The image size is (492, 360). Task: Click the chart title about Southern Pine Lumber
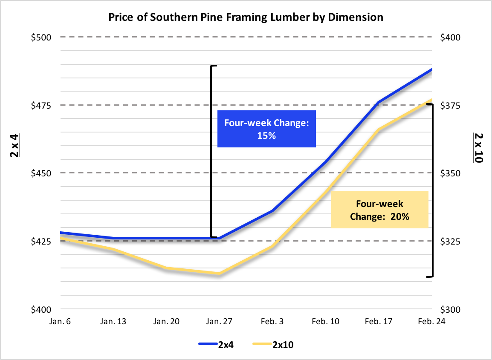(x=246, y=17)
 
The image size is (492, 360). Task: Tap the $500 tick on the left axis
(x=41, y=37)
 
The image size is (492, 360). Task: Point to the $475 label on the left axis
(x=41, y=105)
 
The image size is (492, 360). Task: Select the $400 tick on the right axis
(x=450, y=37)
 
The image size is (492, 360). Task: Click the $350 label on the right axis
(x=450, y=173)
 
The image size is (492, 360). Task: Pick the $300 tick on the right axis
(x=450, y=310)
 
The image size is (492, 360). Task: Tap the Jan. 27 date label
(x=219, y=322)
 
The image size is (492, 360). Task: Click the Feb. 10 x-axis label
(x=326, y=322)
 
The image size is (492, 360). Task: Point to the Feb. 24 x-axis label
(x=431, y=322)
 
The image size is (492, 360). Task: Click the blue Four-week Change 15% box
(x=266, y=129)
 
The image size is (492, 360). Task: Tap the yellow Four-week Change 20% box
(x=379, y=210)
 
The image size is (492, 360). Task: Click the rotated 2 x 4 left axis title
(x=14, y=146)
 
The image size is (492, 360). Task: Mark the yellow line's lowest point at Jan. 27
(x=219, y=274)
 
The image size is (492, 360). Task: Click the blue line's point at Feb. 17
(x=379, y=102)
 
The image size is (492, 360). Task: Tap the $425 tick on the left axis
(x=41, y=242)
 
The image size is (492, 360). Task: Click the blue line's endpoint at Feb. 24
(x=431, y=69)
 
